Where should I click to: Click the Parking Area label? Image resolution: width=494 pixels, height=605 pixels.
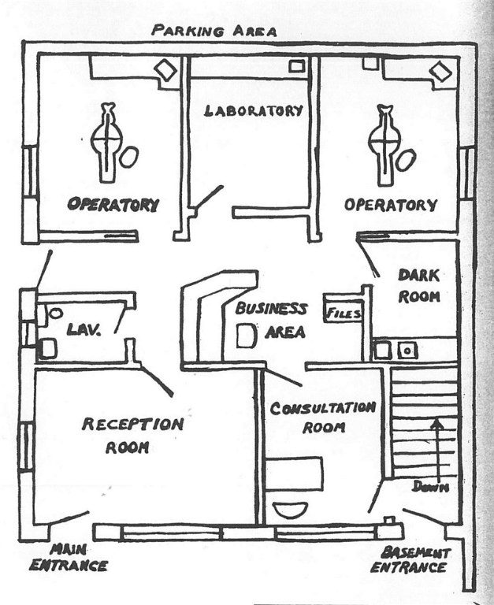click(214, 31)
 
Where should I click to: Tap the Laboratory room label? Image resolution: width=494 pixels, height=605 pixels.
click(253, 110)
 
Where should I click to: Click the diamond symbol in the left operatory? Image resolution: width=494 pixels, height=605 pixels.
click(165, 70)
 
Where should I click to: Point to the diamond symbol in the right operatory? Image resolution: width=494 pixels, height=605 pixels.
click(440, 72)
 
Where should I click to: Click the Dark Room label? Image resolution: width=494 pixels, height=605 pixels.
click(418, 285)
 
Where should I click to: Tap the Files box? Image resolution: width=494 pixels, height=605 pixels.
click(344, 314)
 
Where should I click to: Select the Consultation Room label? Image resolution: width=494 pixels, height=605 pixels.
click(323, 418)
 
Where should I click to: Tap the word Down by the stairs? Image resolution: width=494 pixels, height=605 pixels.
click(430, 487)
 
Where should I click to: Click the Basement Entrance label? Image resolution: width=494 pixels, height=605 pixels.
click(410, 559)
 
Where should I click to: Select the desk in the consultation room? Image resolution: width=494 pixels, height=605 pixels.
click(293, 473)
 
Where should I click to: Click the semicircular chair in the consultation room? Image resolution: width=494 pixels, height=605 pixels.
click(289, 508)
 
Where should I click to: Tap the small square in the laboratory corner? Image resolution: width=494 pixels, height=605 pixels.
click(296, 67)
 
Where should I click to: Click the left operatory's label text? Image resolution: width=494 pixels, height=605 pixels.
click(113, 204)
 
